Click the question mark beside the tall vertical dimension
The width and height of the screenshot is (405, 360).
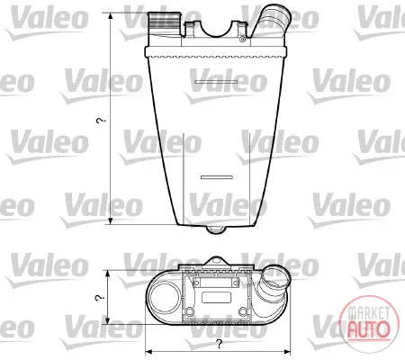[101, 121]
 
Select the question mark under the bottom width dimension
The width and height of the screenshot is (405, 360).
[220, 344]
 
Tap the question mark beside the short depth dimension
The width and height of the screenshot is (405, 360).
[99, 298]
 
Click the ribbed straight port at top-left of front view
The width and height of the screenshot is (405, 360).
[165, 23]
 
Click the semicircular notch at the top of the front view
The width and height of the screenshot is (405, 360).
[215, 30]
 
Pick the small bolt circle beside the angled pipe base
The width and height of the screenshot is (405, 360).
[243, 40]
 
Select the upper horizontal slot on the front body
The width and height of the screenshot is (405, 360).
[216, 82]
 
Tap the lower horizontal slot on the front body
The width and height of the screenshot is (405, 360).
[217, 177]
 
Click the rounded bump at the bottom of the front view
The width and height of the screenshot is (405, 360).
[216, 229]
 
